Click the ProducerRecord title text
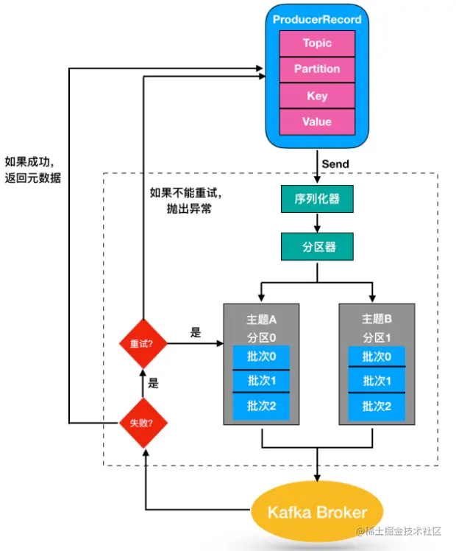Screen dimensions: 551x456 (317, 20)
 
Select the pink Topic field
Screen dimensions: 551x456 (317, 43)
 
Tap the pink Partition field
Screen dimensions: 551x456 (317, 69)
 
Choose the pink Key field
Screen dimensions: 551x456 (317, 96)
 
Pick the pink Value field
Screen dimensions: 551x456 (317, 122)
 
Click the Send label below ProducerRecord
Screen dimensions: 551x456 (335, 162)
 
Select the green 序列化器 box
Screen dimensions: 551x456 (317, 198)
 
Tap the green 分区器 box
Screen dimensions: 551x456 (317, 247)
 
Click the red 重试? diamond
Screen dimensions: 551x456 (143, 343)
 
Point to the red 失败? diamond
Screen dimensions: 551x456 (143, 424)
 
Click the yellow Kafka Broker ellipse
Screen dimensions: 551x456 (317, 512)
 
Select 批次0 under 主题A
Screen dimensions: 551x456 (263, 358)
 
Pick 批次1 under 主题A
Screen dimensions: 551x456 (263, 382)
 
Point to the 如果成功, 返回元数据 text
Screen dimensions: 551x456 (32, 170)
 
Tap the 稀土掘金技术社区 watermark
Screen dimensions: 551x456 (402, 531)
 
